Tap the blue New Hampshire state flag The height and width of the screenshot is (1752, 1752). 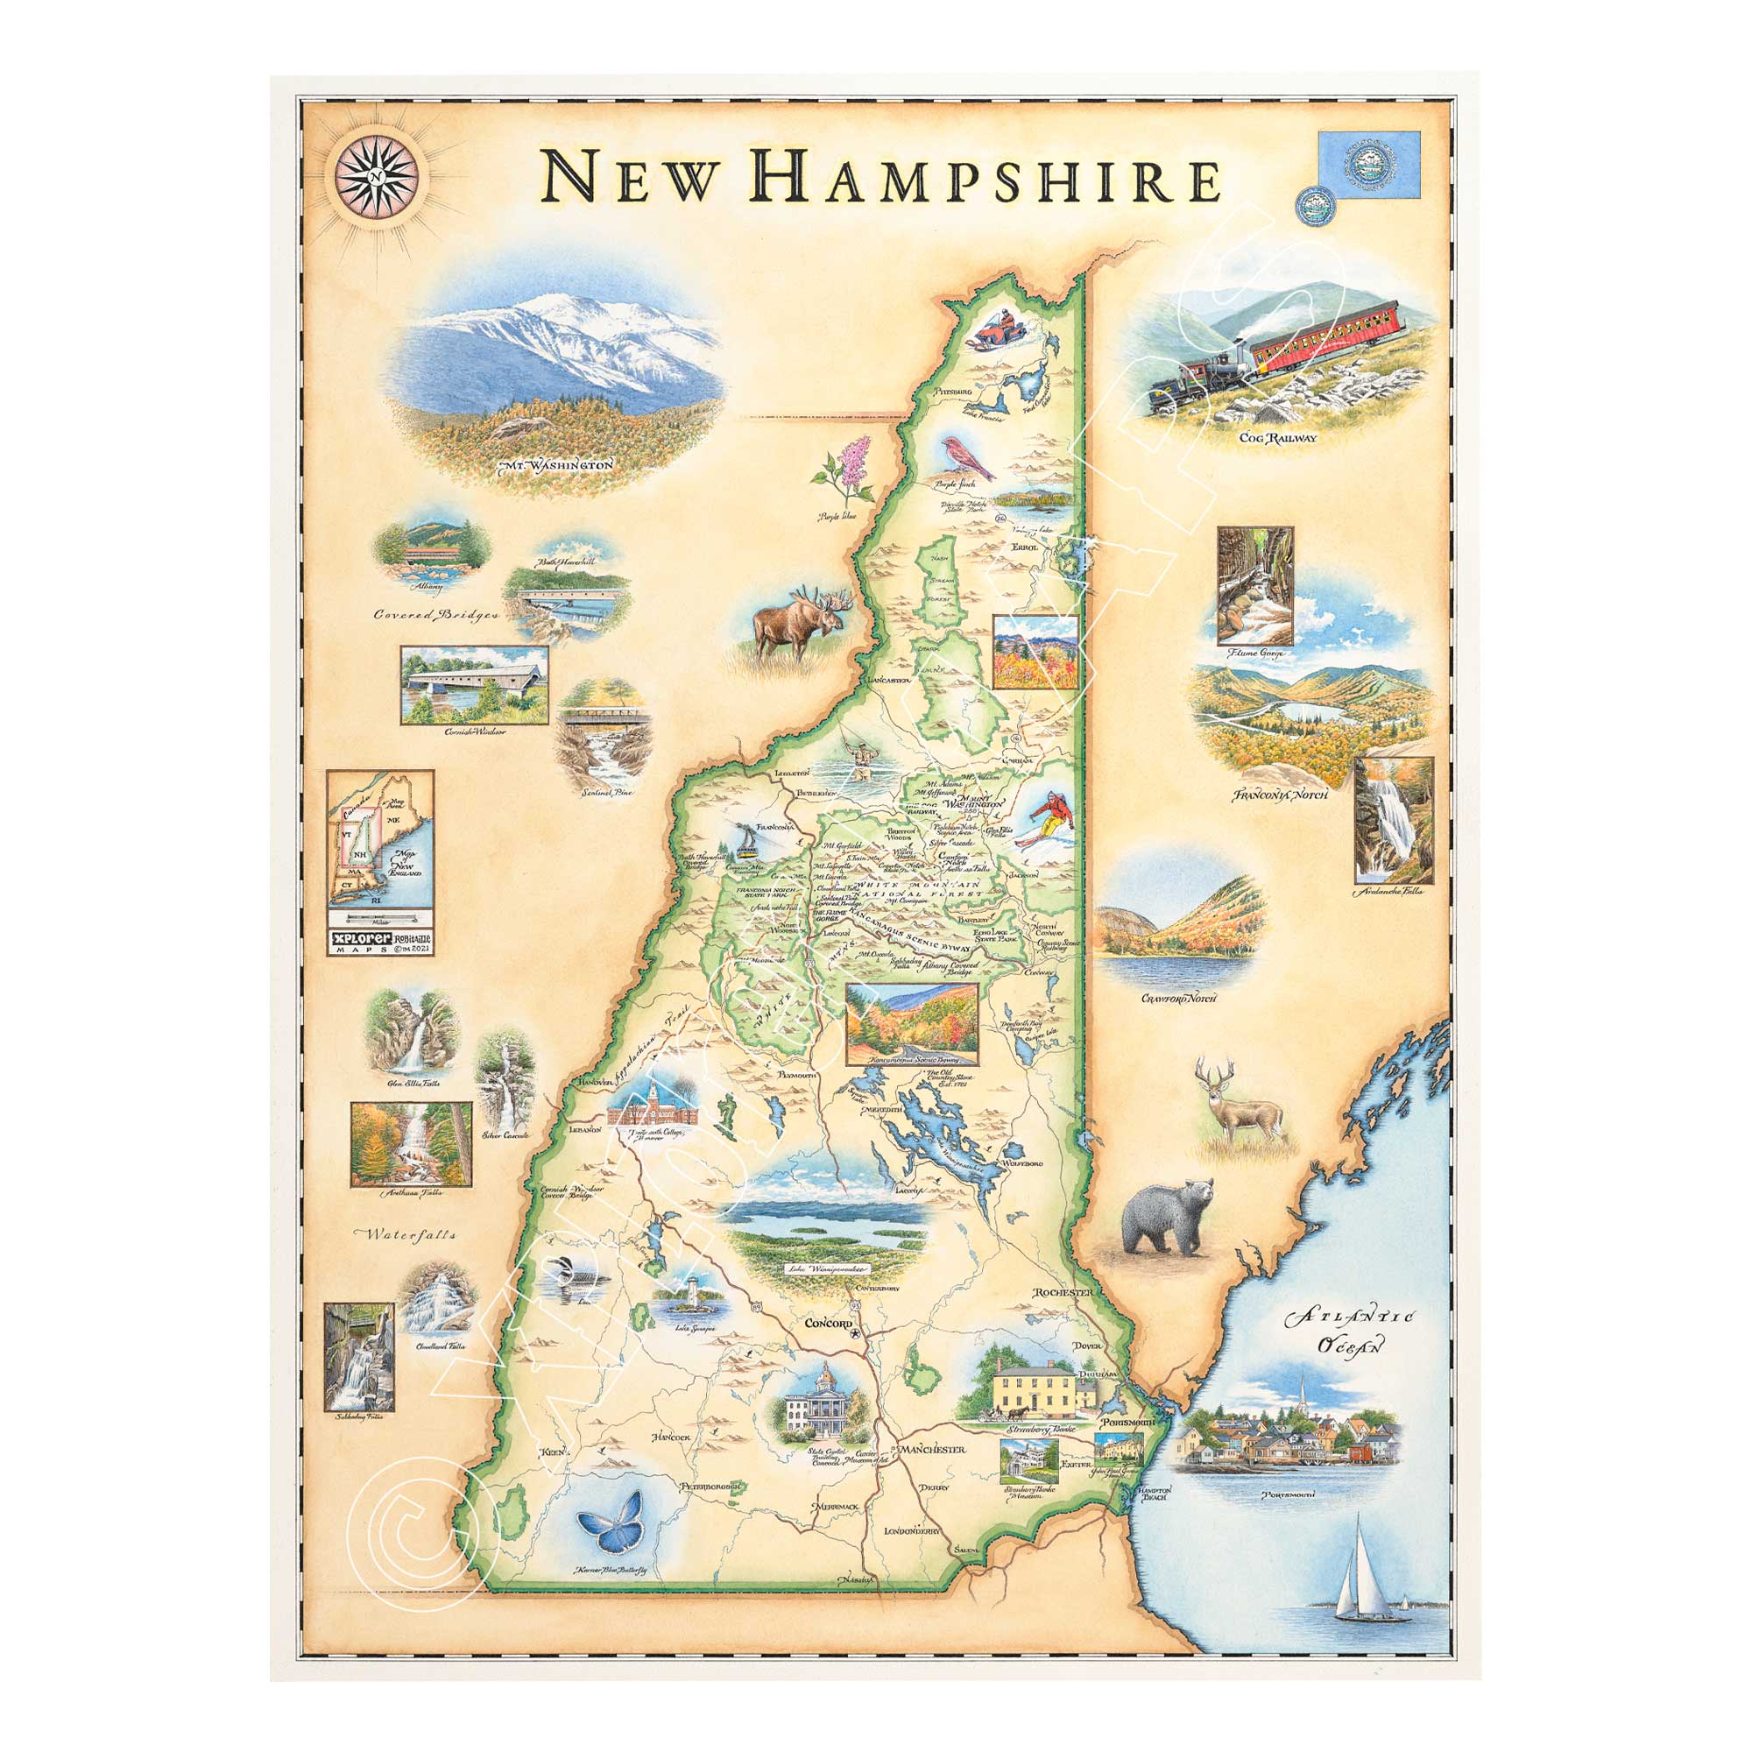pos(1368,165)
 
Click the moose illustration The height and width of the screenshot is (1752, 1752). pos(799,623)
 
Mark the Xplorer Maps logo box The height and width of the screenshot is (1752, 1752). pos(380,943)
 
